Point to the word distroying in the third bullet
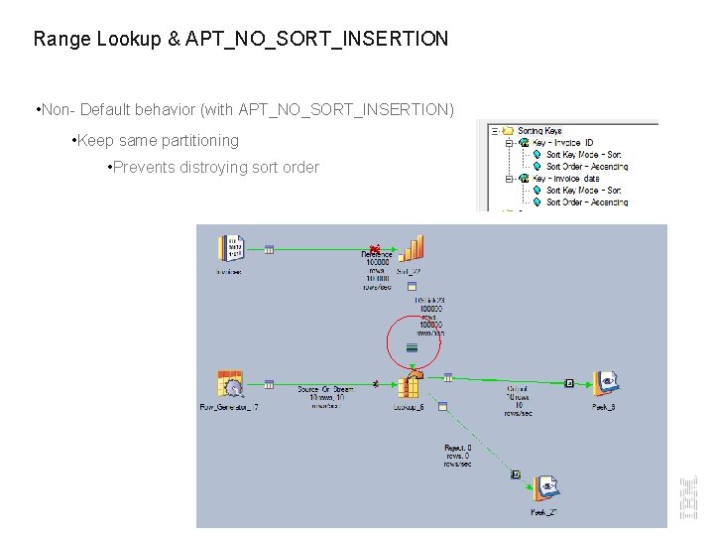point(212,168)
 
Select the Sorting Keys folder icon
point(508,130)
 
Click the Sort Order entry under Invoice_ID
point(586,167)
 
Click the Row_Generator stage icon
point(230,385)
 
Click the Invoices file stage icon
point(234,250)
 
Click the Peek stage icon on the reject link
point(544,488)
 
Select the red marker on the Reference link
point(374,249)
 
